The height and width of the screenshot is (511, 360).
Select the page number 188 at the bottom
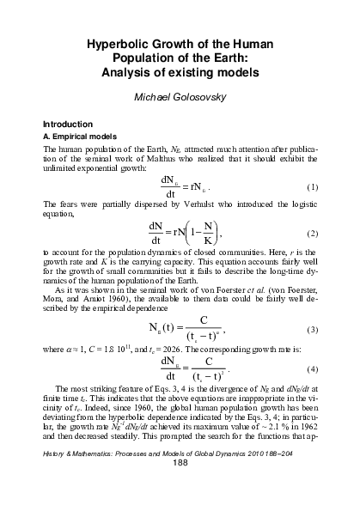[180, 489]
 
